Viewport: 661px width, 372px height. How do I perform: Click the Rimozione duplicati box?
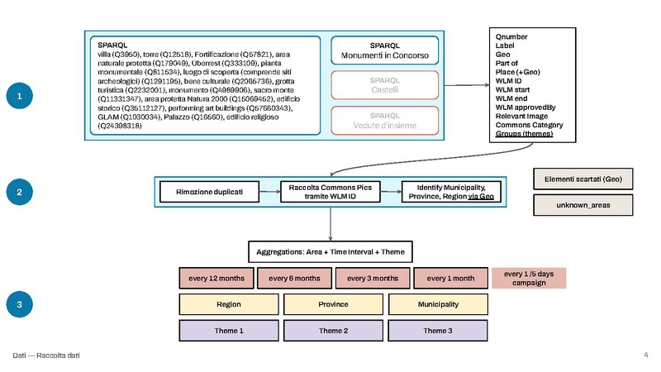click(211, 192)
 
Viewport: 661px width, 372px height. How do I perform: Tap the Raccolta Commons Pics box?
click(330, 192)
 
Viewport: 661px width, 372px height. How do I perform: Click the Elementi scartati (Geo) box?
click(583, 179)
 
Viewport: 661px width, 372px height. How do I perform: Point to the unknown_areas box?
click(583, 205)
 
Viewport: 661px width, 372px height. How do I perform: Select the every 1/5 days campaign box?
click(529, 278)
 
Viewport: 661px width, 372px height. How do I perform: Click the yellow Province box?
click(332, 304)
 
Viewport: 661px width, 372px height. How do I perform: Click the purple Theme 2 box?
click(332, 331)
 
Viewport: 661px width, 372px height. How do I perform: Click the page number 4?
click(645, 355)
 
